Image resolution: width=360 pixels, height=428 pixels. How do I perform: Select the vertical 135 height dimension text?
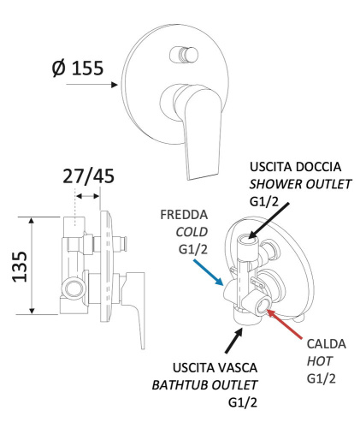pos(16,267)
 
